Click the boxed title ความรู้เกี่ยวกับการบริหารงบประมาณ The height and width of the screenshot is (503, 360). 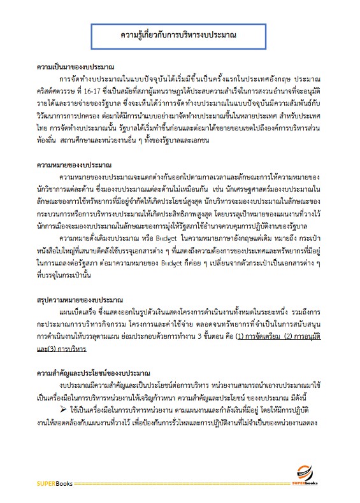(x=180, y=34)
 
